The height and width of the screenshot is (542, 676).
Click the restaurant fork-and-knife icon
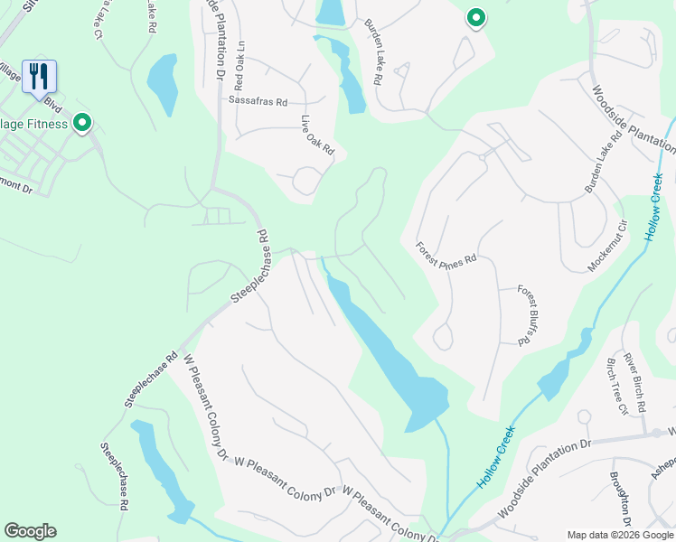pos(38,76)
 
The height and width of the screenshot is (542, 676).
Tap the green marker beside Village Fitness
pos(82,122)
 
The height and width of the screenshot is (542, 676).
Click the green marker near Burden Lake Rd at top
pos(475,17)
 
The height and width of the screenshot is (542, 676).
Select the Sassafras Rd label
pos(258,101)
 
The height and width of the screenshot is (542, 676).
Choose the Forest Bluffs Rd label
pos(528,315)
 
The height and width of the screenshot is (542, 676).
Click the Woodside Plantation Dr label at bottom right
pos(543,478)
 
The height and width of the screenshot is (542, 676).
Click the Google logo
pos(30,531)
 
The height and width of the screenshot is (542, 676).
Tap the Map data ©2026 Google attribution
pos(620,535)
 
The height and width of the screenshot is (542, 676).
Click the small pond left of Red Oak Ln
pos(162,83)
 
